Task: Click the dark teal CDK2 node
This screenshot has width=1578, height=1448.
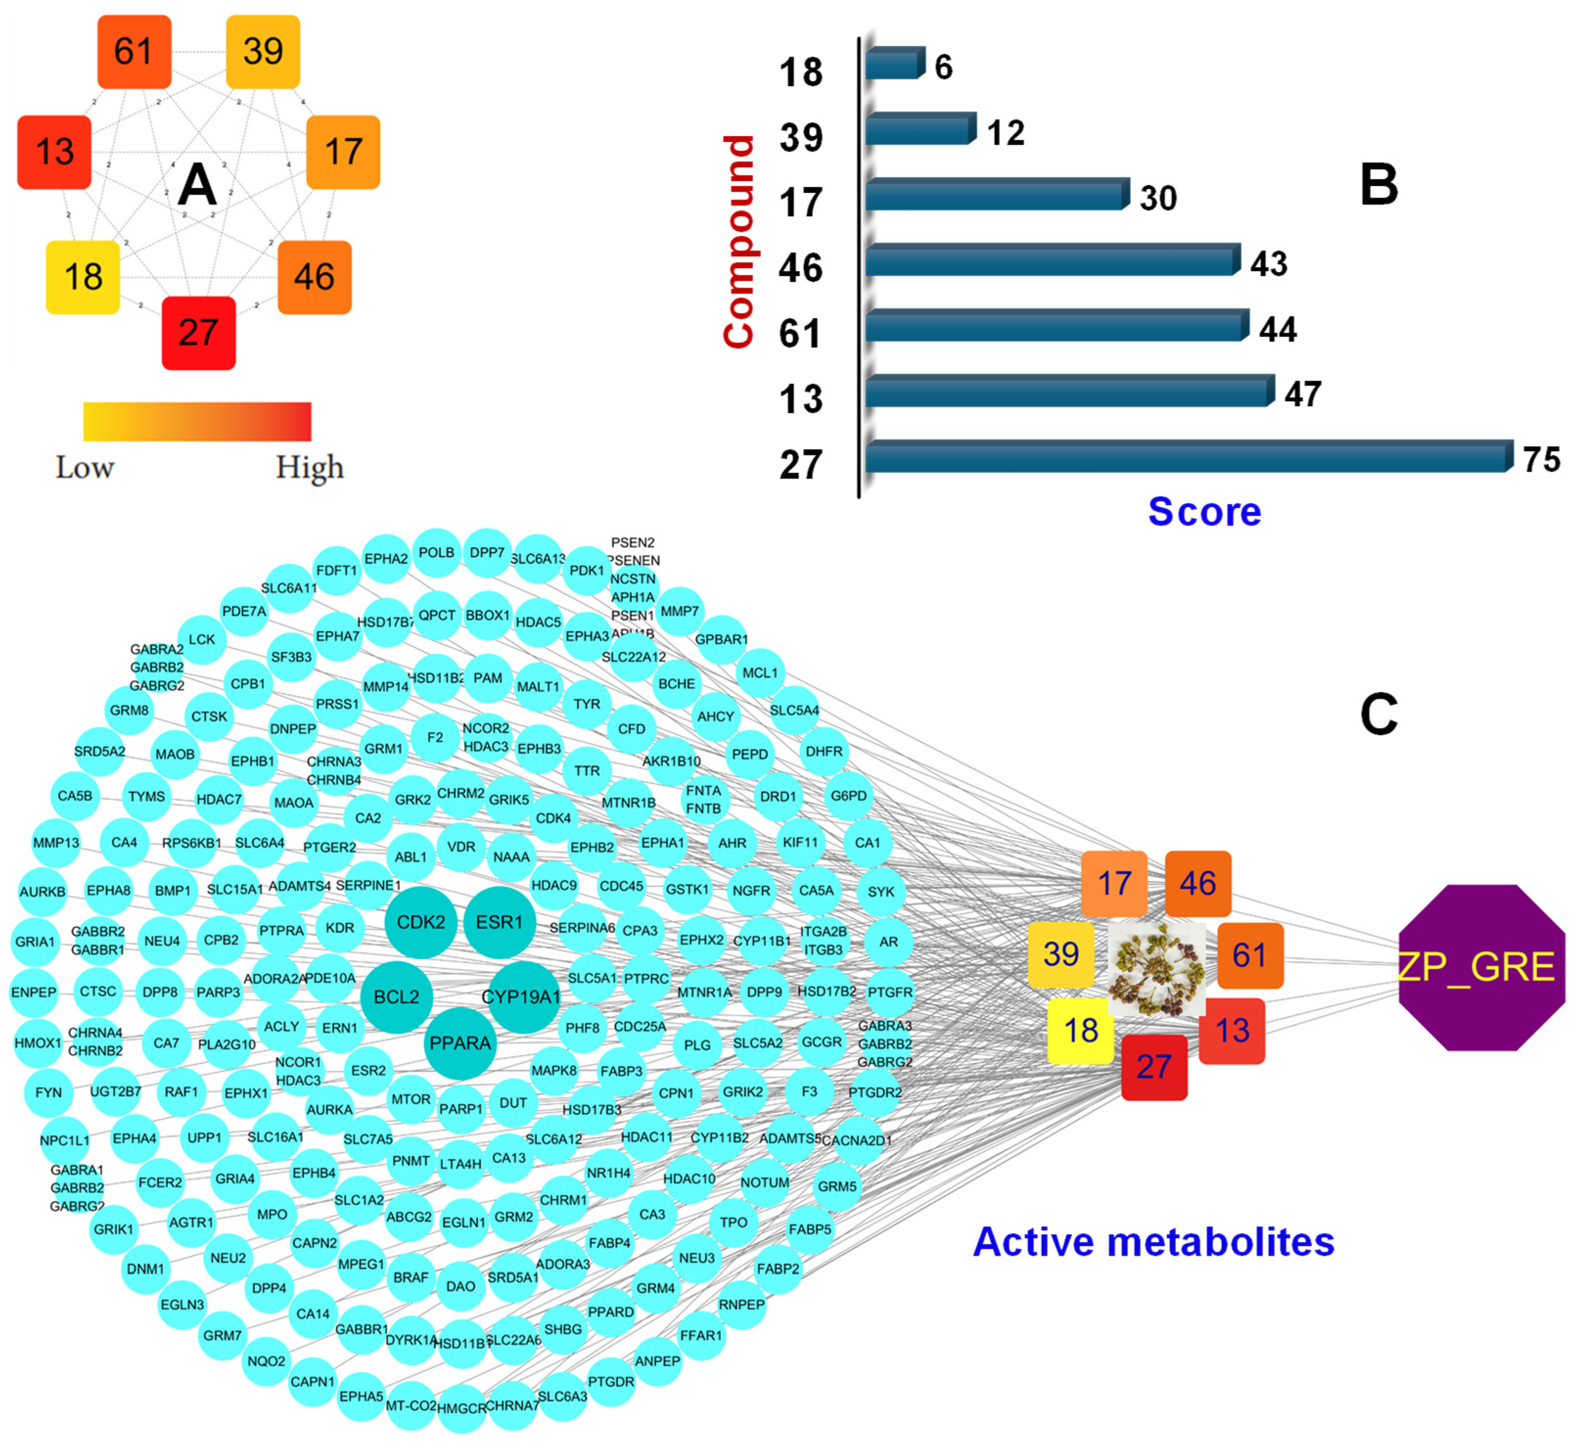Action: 421,922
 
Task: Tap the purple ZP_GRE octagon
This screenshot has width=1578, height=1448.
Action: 1481,967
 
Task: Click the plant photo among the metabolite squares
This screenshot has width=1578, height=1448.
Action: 1157,969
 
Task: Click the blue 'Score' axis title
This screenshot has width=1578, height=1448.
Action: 1204,512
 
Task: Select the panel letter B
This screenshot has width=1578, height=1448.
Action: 1379,185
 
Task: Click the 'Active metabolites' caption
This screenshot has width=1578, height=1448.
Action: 1153,1242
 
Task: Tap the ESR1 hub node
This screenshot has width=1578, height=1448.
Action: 499,922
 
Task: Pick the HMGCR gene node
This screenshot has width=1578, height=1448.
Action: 461,1408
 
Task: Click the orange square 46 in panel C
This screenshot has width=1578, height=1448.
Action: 1197,884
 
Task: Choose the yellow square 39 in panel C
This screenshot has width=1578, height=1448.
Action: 1061,954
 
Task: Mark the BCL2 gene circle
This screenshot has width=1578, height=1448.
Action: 396,997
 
